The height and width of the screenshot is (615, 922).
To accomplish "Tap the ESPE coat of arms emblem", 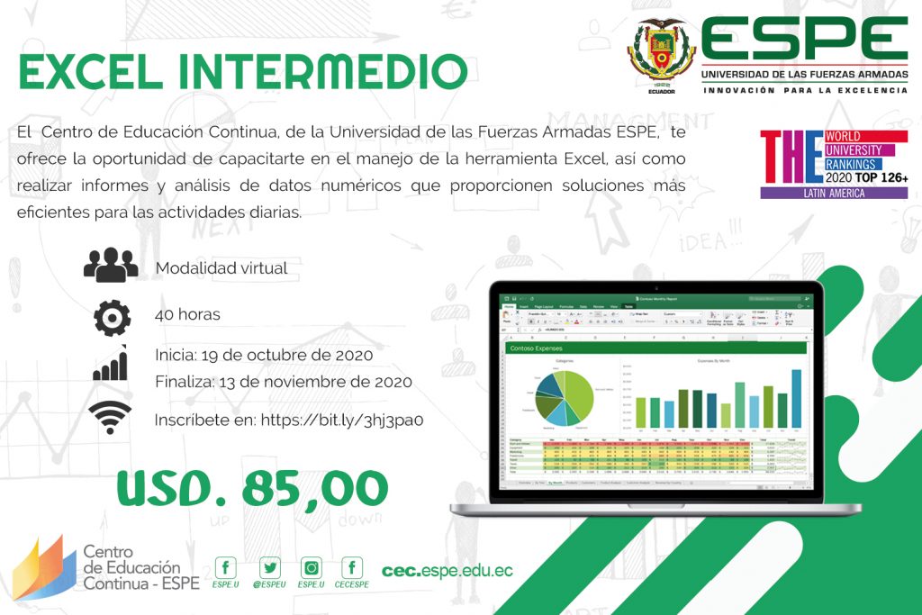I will pos(662,53).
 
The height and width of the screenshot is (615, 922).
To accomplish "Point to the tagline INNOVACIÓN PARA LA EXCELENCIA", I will pos(805,90).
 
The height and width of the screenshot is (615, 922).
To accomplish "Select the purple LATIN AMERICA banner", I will pos(834,193).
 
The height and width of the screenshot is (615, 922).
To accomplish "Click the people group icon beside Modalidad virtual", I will pos(111,267).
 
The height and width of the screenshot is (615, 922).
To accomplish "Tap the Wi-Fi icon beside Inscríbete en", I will pos(110,418).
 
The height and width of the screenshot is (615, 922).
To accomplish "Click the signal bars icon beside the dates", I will pos(111,366).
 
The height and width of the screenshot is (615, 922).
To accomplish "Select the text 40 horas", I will pos(187,314).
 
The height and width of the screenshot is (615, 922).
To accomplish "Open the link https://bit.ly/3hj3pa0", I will pos(341,420).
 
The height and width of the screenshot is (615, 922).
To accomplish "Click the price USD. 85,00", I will pos(252,488).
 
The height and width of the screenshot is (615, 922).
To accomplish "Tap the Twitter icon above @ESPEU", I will pos(270,567).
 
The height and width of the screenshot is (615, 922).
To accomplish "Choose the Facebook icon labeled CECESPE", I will pos(353,567).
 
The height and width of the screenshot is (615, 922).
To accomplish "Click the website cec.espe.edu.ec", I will pos(447,571).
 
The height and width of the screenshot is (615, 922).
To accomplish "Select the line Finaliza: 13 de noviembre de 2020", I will pos(284,381).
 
